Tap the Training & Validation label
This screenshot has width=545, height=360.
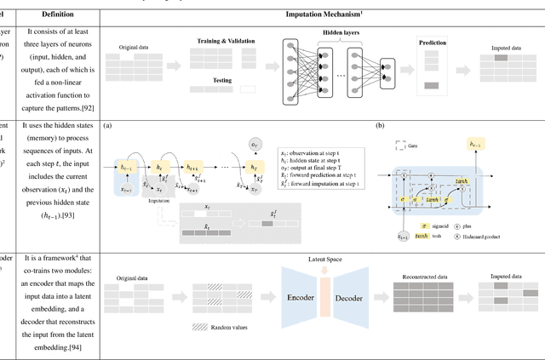click(x=222, y=41)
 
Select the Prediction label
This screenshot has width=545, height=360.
click(x=434, y=42)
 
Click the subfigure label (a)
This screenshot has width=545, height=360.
click(x=107, y=125)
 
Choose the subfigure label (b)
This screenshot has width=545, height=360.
click(x=379, y=125)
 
